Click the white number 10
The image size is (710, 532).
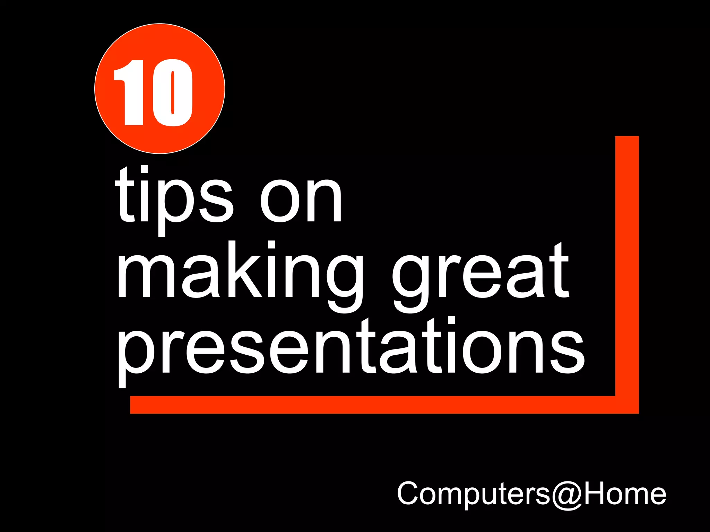pyautogui.click(x=153, y=92)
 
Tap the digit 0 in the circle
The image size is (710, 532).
pyautogui.click(x=172, y=92)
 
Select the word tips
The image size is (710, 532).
pyautogui.click(x=173, y=199)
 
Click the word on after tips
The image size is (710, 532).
pyautogui.click(x=301, y=201)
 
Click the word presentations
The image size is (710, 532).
pyautogui.click(x=351, y=350)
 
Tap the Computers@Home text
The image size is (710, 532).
pyautogui.click(x=531, y=493)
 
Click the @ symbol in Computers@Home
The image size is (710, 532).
pyautogui.click(x=567, y=495)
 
